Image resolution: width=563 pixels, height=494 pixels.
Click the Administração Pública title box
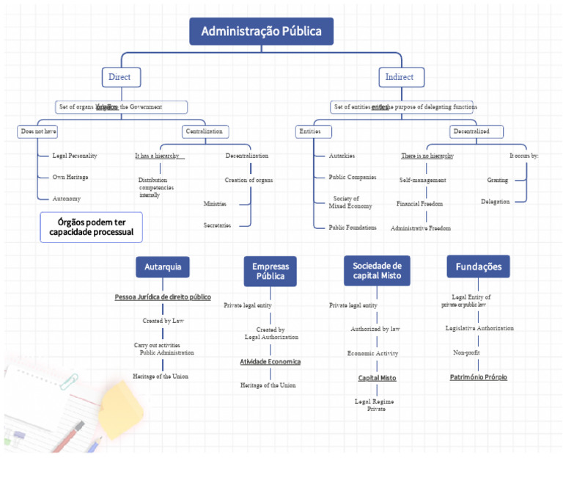pyautogui.click(x=261, y=32)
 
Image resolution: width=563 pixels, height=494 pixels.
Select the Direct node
pyautogui.click(x=120, y=77)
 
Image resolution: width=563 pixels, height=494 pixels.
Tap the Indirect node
pyautogui.click(x=400, y=77)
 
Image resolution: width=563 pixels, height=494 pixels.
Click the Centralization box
pyautogui.click(x=205, y=131)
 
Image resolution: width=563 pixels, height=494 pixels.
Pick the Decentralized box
pyautogui.click(x=477, y=131)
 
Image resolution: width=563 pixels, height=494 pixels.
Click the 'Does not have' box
pyautogui.click(x=38, y=131)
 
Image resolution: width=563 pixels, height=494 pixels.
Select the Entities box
pyautogui.click(x=313, y=131)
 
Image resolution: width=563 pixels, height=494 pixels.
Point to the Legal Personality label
pyautogui.click(x=75, y=156)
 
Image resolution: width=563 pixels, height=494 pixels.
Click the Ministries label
pyautogui.click(x=215, y=203)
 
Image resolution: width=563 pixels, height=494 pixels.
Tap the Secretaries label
pyautogui.click(x=217, y=225)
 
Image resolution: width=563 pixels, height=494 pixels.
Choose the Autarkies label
pyautogui.click(x=342, y=156)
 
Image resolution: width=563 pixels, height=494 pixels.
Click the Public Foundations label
pyautogui.click(x=353, y=228)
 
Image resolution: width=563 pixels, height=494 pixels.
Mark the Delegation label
pyautogui.click(x=496, y=201)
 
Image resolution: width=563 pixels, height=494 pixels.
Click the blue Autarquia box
pyautogui.click(x=163, y=267)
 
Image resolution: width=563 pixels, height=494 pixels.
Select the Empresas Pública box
pyautogui.click(x=270, y=271)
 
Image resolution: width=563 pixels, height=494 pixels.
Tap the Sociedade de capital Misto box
pyautogui.click(x=377, y=270)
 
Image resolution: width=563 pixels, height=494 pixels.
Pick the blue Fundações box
pyautogui.click(x=478, y=266)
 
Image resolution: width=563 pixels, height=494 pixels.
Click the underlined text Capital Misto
pyautogui.click(x=377, y=378)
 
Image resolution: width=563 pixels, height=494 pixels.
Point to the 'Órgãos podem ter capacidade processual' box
pyautogui.click(x=91, y=227)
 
